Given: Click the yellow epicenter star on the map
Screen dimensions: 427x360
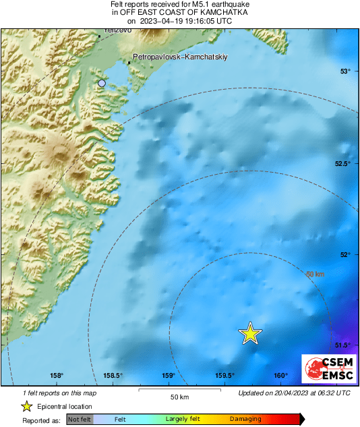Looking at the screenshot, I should tap(250, 333).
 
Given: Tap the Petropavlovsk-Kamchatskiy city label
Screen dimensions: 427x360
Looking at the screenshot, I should tap(181, 57).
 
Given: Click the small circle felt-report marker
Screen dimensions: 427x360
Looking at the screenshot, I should tap(102, 83).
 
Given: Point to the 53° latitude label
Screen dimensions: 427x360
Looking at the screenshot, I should tap(345, 72).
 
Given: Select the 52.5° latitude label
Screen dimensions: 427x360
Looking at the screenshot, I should tap(343, 164).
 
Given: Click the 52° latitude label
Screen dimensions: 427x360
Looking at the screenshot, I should tap(345, 254).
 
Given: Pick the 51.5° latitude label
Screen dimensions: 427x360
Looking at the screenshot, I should tap(343, 345).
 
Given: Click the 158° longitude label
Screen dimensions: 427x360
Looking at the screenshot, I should tap(57, 376).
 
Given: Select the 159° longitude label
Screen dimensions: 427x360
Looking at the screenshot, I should tap(169, 376).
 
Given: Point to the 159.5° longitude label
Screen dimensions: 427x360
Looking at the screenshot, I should tap(224, 376).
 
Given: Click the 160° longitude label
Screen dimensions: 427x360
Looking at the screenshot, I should tap(281, 376).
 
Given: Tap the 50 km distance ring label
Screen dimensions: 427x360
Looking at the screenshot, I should tap(315, 275).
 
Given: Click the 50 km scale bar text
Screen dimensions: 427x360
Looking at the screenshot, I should tap(179, 397).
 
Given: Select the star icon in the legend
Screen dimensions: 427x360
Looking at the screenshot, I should tap(26, 406).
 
